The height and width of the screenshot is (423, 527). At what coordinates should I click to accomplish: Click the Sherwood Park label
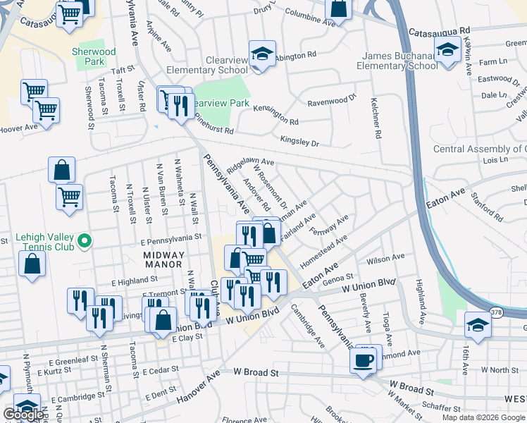pyautogui.click(x=94, y=56)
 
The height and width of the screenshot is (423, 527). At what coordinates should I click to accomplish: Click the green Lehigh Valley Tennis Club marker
pyautogui.click(x=85, y=242)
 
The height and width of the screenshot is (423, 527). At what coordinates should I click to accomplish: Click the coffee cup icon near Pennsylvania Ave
pyautogui.click(x=364, y=360)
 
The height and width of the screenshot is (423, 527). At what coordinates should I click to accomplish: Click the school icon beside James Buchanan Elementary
pyautogui.click(x=447, y=50)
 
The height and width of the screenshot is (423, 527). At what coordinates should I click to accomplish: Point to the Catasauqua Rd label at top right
pyautogui.click(x=439, y=32)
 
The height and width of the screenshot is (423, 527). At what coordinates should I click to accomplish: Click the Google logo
pyautogui.click(x=23, y=415)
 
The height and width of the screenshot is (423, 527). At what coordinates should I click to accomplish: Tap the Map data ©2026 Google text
pyautogui.click(x=483, y=417)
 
